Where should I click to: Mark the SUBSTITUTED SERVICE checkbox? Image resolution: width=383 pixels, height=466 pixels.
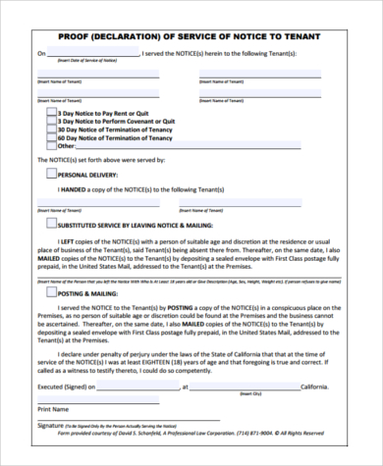[52, 223]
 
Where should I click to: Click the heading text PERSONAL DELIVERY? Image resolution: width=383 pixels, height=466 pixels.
[88, 174]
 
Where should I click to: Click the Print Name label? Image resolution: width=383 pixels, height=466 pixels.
[53, 407]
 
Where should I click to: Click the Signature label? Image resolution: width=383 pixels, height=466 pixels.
[54, 425]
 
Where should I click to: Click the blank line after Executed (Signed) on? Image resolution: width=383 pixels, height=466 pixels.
[129, 387]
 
